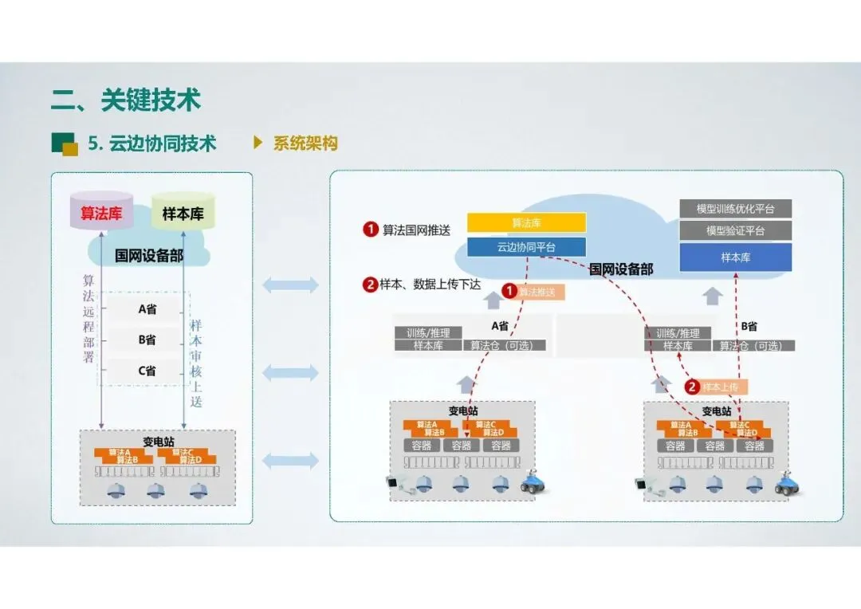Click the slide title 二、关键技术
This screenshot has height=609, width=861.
[x=126, y=100]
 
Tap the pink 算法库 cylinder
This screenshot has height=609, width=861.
[x=100, y=212]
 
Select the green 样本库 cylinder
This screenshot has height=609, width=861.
[x=183, y=213]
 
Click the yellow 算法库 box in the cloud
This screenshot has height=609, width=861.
[x=526, y=222]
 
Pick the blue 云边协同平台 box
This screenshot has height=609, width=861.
[x=526, y=247]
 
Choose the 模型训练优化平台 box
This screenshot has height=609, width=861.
[x=735, y=209]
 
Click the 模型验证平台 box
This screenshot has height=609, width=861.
[x=735, y=231]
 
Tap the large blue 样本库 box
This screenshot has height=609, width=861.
[x=735, y=257]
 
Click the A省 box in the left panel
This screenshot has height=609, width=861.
[x=147, y=309]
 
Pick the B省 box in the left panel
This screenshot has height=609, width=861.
[x=147, y=340]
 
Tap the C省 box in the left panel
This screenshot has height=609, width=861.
[x=147, y=371]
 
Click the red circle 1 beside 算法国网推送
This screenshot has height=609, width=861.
[x=370, y=230]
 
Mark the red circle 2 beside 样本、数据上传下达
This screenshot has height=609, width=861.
[x=370, y=285]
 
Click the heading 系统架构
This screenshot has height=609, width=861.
[x=305, y=143]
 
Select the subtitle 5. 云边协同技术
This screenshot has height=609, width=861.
[x=152, y=143]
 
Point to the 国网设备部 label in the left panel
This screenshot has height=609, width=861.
[x=148, y=256]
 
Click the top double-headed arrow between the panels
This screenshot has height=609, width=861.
[x=290, y=285]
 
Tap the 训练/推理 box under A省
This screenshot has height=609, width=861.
[x=429, y=333]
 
